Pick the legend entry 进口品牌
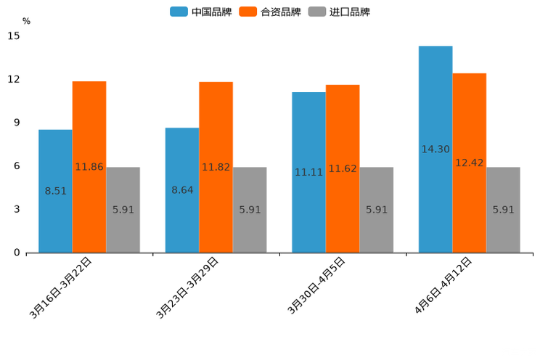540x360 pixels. click(x=339, y=12)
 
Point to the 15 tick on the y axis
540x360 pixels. click(x=15, y=36)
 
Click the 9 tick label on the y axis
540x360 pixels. click(x=17, y=123)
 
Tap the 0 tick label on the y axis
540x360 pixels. click(x=17, y=253)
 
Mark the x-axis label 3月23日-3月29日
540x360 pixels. click(x=187, y=287)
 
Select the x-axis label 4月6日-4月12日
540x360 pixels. click(x=443, y=285)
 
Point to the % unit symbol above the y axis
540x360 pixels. click(x=26, y=21)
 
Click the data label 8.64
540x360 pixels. click(x=182, y=190)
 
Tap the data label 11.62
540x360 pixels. click(x=343, y=169)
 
